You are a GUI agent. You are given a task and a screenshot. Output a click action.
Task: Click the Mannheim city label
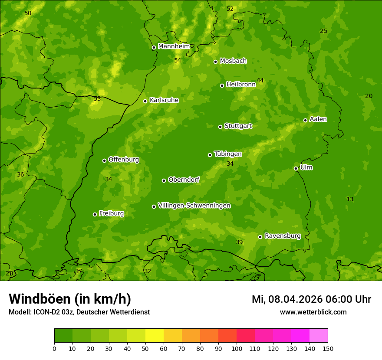174,46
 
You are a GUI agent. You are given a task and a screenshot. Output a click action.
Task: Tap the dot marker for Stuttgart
220,127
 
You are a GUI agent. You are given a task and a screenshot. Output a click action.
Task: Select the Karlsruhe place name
164,100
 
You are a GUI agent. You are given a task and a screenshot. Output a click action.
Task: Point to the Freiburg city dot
95,214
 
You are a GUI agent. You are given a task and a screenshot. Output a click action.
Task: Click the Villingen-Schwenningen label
194,206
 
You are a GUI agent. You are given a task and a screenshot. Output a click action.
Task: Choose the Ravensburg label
283,236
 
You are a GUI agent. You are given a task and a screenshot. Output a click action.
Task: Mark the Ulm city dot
296,168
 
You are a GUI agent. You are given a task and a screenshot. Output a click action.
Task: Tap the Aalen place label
318,119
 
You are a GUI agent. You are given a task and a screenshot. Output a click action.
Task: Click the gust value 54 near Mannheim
178,60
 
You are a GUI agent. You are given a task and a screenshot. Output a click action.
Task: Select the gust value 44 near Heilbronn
260,80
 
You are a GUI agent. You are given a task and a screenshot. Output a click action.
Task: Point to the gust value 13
350,199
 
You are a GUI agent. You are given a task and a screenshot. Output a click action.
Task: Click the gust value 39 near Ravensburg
239,242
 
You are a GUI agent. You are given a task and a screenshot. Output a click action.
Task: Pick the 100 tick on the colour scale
237,348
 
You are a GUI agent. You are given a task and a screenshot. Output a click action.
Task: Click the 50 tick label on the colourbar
145,348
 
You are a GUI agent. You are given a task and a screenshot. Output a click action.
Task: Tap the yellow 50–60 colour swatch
155,336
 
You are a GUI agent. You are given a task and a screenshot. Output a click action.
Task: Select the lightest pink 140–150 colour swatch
319,336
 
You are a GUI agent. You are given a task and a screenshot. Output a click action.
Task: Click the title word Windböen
39,299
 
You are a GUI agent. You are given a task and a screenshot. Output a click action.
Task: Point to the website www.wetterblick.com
313,312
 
